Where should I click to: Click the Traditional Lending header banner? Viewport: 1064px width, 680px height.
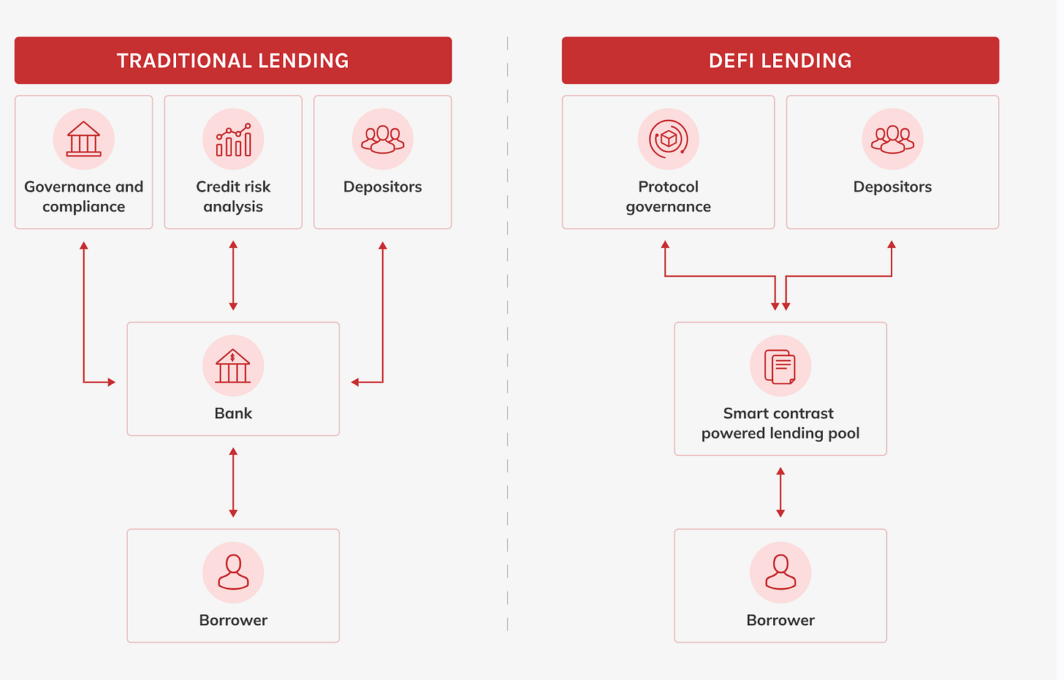[233, 61]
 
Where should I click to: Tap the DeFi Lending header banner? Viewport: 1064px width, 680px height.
[780, 61]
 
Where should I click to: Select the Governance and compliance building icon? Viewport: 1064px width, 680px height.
[84, 139]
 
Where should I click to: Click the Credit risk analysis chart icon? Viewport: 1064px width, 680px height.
[233, 139]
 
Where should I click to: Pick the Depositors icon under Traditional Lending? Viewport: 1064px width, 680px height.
[382, 139]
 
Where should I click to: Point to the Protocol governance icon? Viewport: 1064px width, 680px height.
[668, 139]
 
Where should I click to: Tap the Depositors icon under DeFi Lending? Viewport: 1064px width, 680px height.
[892, 139]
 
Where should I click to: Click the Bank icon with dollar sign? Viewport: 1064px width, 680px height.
[233, 366]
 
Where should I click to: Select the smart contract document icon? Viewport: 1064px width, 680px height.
[780, 366]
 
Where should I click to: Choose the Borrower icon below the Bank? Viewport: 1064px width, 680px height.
[233, 573]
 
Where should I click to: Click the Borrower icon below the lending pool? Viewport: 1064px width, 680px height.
[780, 573]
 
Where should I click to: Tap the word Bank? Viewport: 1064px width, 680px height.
[233, 413]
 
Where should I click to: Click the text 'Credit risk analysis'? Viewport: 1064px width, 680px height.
[233, 197]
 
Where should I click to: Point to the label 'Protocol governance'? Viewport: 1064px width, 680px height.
[668, 197]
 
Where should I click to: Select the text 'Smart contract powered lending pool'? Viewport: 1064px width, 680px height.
[780, 423]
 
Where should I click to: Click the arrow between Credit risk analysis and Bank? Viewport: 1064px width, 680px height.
[233, 276]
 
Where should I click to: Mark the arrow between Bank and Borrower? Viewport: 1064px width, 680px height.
[233, 483]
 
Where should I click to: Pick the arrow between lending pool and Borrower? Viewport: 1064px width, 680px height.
[780, 493]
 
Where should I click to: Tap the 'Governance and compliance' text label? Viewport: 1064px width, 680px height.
[84, 197]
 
